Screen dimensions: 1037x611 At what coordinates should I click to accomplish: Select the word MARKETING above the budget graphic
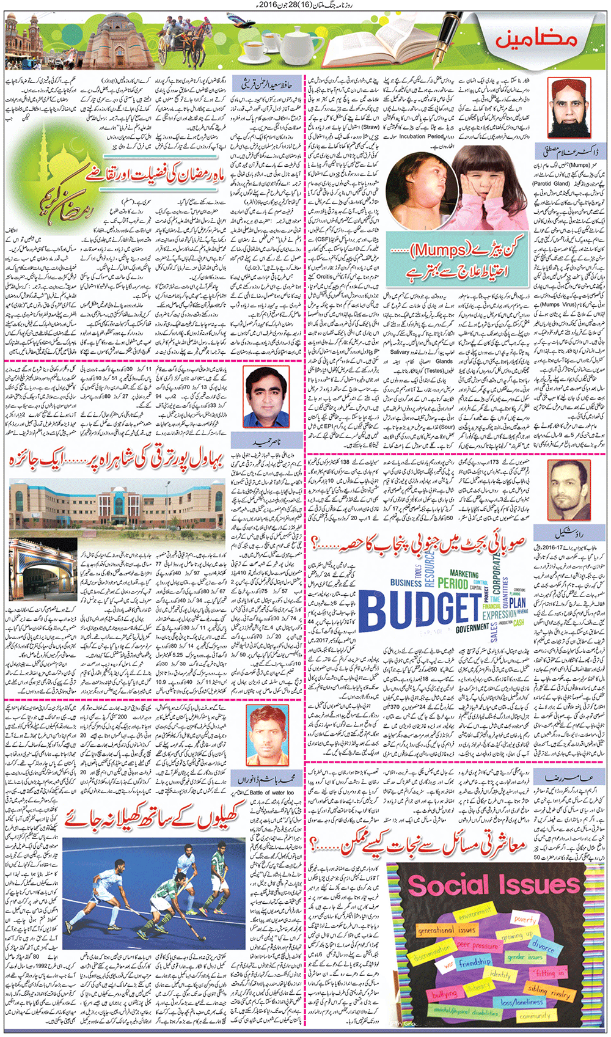click(464, 574)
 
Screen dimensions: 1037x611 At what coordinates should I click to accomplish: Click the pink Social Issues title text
click(494, 885)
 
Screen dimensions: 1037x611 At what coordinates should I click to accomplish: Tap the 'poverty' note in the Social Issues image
click(524, 920)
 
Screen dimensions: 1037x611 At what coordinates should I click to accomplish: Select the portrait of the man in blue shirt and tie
click(266, 398)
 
